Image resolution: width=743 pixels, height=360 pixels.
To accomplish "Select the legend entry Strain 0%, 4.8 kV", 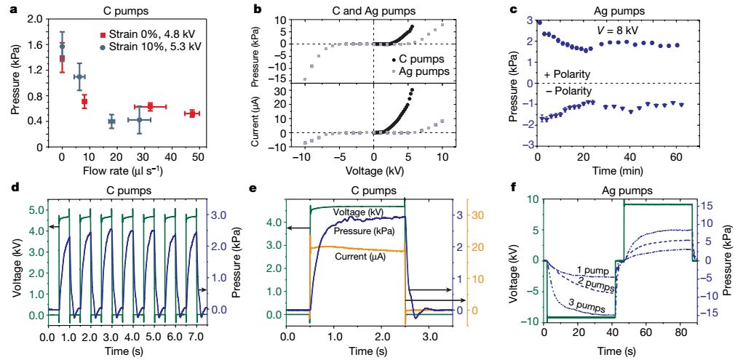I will tap(150, 34).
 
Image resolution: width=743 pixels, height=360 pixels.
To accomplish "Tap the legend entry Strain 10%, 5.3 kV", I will tap(151, 46).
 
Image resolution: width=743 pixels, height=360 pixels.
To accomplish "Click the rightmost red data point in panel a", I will tap(191, 113).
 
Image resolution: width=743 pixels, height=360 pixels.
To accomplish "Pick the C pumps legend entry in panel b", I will tap(421, 59).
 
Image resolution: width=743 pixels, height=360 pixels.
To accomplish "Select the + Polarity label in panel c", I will tap(566, 75).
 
